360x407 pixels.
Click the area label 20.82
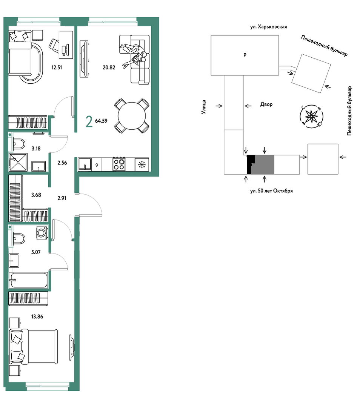tap(109, 68)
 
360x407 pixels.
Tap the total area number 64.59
tap(101, 121)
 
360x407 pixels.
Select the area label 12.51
tap(57, 68)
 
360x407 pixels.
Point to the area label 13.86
tap(37, 317)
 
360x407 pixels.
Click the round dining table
tap(132, 116)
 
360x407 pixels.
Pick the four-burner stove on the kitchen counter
tap(119, 164)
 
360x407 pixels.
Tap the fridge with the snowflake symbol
tap(142, 164)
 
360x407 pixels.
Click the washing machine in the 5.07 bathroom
tap(42, 233)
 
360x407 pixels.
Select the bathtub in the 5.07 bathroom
tap(28, 280)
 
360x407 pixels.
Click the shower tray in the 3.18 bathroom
tap(18, 162)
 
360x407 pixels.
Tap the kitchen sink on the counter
tap(85, 164)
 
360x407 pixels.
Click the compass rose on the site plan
tap(311, 116)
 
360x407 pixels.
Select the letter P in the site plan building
tap(245, 55)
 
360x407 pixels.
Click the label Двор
tap(266, 104)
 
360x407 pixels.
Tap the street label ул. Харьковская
tap(268, 27)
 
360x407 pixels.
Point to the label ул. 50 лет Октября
tap(271, 191)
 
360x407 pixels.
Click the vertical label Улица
tap(204, 107)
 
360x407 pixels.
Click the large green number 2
tap(89, 122)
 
